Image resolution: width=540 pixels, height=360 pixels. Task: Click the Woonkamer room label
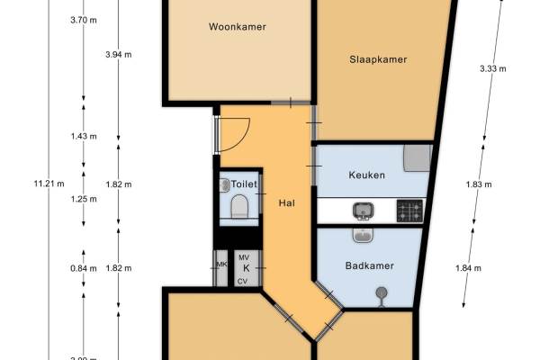click(238, 27)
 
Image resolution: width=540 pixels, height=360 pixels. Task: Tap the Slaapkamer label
click(378, 60)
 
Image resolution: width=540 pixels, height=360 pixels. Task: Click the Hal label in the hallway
click(287, 202)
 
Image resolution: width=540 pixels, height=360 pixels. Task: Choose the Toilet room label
click(243, 184)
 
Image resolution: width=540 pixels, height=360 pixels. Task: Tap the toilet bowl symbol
click(239, 209)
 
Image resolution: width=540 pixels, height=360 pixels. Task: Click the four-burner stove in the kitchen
click(409, 211)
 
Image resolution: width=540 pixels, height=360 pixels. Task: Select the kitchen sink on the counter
click(363, 211)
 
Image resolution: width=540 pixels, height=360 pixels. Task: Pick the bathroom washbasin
click(363, 235)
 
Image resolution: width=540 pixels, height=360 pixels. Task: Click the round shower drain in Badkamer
click(381, 292)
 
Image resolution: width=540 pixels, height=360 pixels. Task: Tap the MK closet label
click(221, 264)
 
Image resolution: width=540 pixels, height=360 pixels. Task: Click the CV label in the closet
click(242, 281)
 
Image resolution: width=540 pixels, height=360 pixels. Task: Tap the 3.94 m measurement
click(118, 55)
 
